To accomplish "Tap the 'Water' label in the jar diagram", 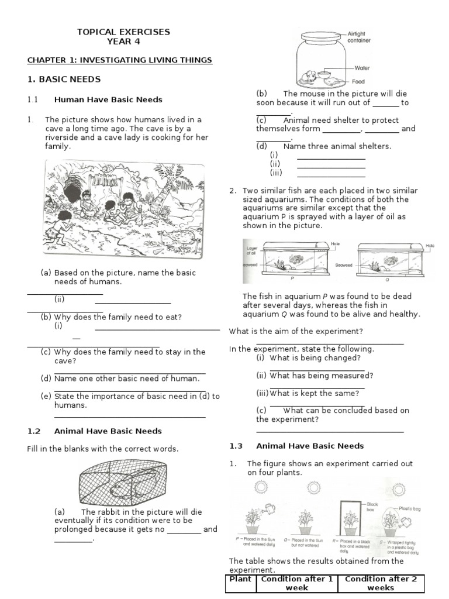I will pyautogui.click(x=362, y=68).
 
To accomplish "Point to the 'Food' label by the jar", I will pyautogui.click(x=358, y=82).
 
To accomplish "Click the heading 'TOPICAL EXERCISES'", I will pyautogui.click(x=123, y=32).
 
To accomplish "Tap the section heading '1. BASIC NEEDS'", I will pyautogui.click(x=64, y=79).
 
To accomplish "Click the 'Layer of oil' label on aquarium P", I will pyautogui.click(x=251, y=250).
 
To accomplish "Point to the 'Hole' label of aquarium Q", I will pyautogui.click(x=430, y=246).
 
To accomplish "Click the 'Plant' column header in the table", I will pyautogui.click(x=240, y=579).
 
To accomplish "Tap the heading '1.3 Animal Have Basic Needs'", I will pyautogui.click(x=296, y=446).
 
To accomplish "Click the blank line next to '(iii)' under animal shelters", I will pyautogui.click(x=331, y=174).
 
